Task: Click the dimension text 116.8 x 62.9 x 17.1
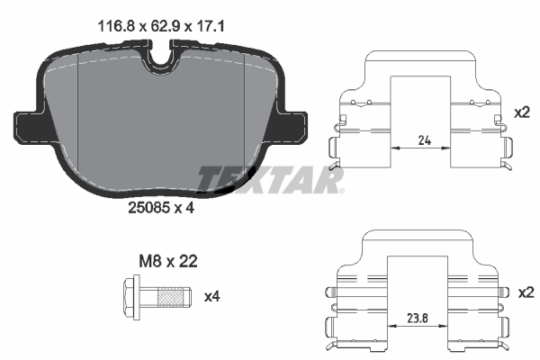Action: (x=159, y=27)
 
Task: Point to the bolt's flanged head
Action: (x=130, y=295)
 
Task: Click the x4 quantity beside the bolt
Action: (x=212, y=295)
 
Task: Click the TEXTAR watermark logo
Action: (x=270, y=180)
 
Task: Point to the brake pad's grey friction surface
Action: (x=162, y=126)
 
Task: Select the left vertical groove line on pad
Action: (x=80, y=117)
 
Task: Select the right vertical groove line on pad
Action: (x=244, y=117)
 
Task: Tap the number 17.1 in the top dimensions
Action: (x=210, y=27)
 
